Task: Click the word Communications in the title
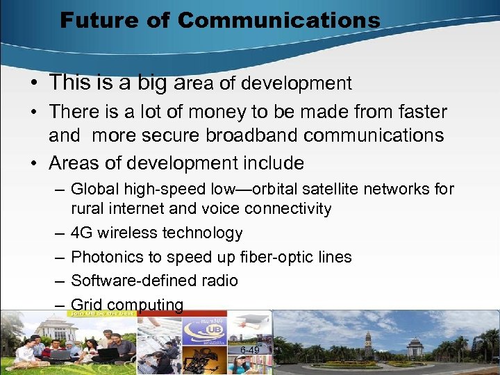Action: coord(278,20)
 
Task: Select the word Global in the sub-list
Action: coord(94,189)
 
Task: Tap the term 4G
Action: coord(82,233)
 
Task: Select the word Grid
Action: coord(85,305)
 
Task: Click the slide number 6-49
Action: coord(250,350)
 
